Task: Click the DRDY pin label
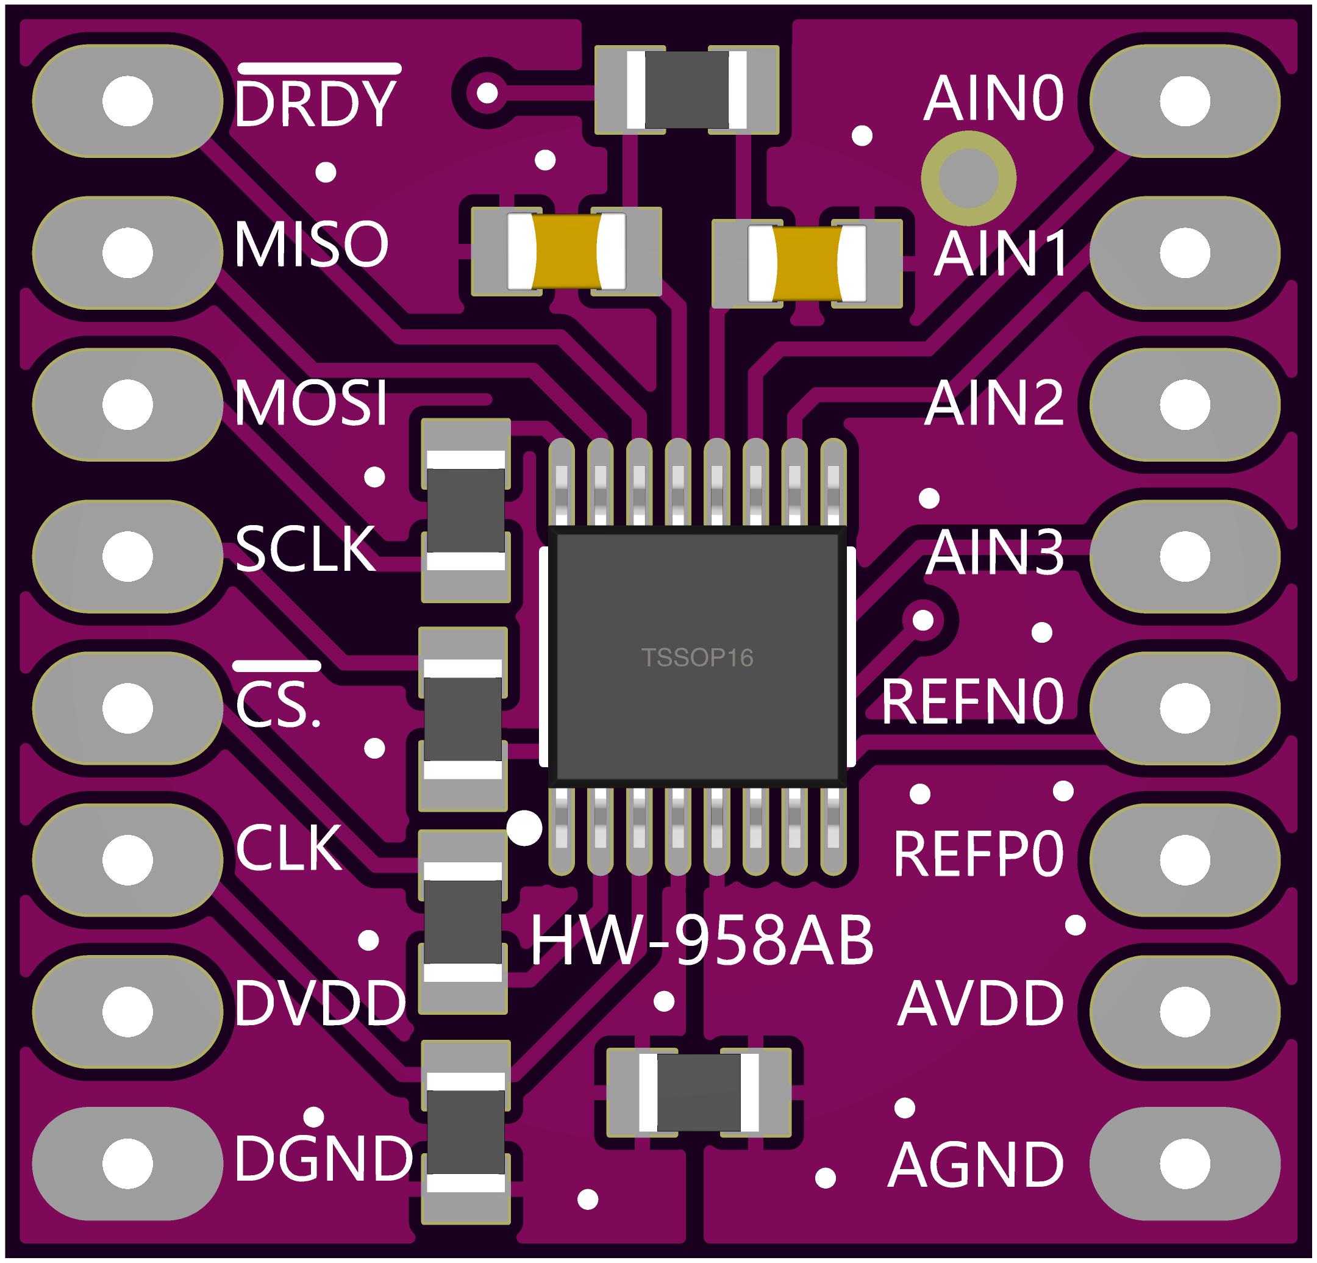315,103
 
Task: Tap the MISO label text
311,243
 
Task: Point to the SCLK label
305,549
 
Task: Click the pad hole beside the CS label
127,708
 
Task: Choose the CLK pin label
289,848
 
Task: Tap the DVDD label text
321,1003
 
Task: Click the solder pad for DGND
127,1164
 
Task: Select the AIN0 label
994,99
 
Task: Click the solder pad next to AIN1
1185,252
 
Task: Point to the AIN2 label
994,403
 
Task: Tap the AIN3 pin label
995,553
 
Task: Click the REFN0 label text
973,703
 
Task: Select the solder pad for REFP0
1185,860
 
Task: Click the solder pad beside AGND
1185,1164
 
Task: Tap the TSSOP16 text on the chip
698,657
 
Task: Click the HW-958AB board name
702,941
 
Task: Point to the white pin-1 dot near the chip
524,828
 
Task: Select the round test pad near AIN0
968,178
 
